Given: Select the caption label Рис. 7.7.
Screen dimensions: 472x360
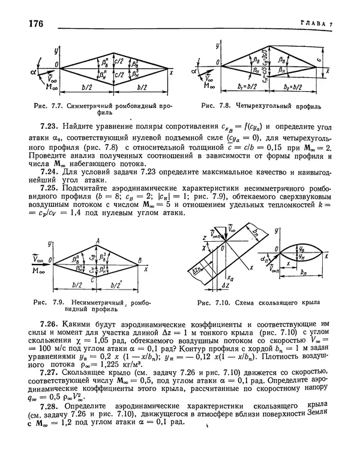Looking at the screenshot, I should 51,106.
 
